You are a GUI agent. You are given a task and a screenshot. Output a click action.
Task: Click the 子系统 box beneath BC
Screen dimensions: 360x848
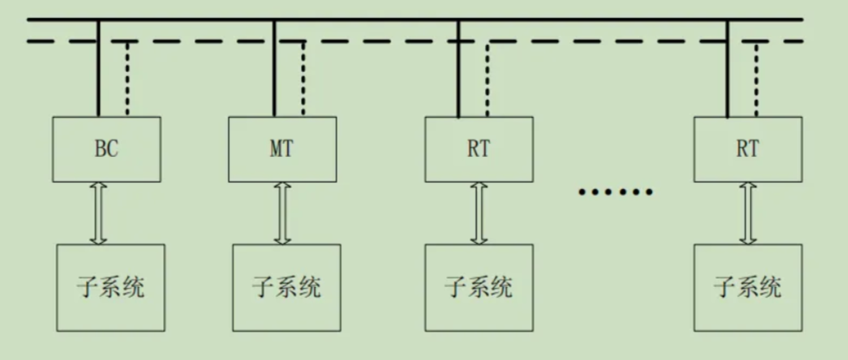110,287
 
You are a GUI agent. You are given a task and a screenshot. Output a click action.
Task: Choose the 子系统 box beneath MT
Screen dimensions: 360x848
286,287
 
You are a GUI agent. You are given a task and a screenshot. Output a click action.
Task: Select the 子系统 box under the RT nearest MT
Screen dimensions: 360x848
478,287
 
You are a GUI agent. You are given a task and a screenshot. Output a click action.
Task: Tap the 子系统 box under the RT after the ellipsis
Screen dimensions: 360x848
747,287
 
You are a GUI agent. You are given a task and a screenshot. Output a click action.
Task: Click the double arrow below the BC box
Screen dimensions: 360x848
97,213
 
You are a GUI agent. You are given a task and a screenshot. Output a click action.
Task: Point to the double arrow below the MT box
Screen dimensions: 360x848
282,213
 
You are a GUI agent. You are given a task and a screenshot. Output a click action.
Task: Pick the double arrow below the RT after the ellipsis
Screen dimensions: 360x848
747,213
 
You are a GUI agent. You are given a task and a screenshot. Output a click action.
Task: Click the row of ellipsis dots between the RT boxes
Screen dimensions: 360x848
615,191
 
